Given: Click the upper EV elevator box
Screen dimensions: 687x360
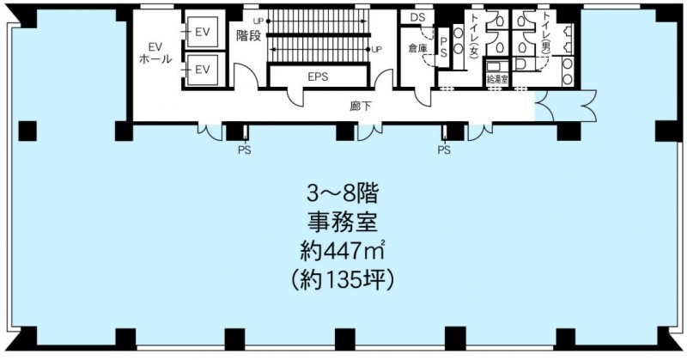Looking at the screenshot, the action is tap(202, 32).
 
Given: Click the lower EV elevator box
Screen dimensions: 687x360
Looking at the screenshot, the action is tap(202, 70).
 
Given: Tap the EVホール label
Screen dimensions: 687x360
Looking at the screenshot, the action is tap(155, 53).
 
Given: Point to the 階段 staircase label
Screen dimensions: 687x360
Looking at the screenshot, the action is tap(248, 35).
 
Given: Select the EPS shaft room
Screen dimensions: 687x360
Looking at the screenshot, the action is tap(318, 76).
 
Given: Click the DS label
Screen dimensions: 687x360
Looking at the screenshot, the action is tap(416, 17).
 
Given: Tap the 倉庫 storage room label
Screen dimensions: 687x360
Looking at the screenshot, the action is tap(417, 48).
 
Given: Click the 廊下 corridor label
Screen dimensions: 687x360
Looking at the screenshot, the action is tap(360, 107).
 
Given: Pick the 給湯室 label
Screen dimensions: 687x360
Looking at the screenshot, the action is tap(497, 80).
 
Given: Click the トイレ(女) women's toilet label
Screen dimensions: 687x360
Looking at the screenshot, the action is tap(474, 35).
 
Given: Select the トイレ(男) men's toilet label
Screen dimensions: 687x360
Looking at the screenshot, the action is tap(547, 32).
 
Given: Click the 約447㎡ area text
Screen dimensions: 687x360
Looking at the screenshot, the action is tap(342, 252).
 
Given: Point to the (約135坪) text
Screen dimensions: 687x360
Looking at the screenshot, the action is tap(342, 280).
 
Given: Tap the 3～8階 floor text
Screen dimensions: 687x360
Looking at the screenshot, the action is tap(342, 195).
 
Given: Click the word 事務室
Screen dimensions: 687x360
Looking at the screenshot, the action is tap(342, 223).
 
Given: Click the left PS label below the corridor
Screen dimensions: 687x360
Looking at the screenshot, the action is tap(245, 150).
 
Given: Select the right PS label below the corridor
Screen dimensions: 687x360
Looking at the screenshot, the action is tap(444, 150).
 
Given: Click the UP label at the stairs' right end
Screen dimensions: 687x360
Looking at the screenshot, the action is tap(376, 50).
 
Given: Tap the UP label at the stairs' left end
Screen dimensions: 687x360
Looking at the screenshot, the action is tap(258, 20).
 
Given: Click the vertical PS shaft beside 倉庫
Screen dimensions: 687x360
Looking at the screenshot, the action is tap(443, 47).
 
